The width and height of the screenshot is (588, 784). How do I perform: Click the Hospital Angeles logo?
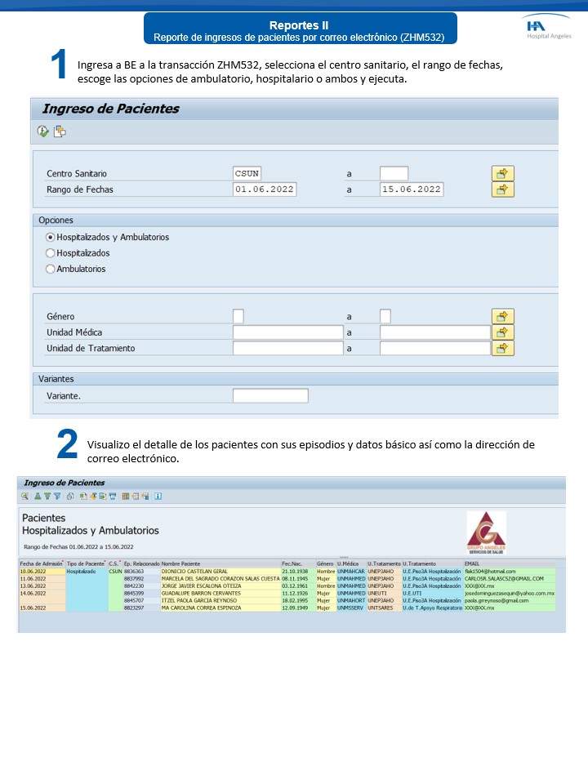tap(548, 29)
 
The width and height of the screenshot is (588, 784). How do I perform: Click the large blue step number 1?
tap(58, 65)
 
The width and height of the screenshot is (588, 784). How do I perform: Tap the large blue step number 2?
tap(67, 444)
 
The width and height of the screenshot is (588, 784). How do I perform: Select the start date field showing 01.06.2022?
tap(264, 189)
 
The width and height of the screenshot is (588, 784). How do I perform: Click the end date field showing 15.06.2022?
tap(412, 189)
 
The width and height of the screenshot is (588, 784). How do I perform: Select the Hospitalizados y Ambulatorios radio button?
tap(51, 237)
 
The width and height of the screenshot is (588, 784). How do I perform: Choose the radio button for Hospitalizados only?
tap(51, 253)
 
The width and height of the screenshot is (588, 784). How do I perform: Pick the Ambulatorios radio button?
tap(51, 269)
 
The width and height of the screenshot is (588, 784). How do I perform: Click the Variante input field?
tap(270, 396)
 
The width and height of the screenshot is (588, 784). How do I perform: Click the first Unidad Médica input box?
tap(287, 332)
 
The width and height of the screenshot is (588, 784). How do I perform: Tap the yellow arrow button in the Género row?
tap(502, 316)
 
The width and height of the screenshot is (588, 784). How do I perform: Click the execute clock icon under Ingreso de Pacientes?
tap(43, 131)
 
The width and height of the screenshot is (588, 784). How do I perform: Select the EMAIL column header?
tap(472, 563)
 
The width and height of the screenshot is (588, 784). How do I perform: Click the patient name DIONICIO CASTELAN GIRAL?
tap(194, 571)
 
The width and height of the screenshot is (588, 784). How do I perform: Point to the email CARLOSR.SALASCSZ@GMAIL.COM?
tap(504, 578)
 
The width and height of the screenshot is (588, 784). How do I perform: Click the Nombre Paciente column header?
tap(180, 563)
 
